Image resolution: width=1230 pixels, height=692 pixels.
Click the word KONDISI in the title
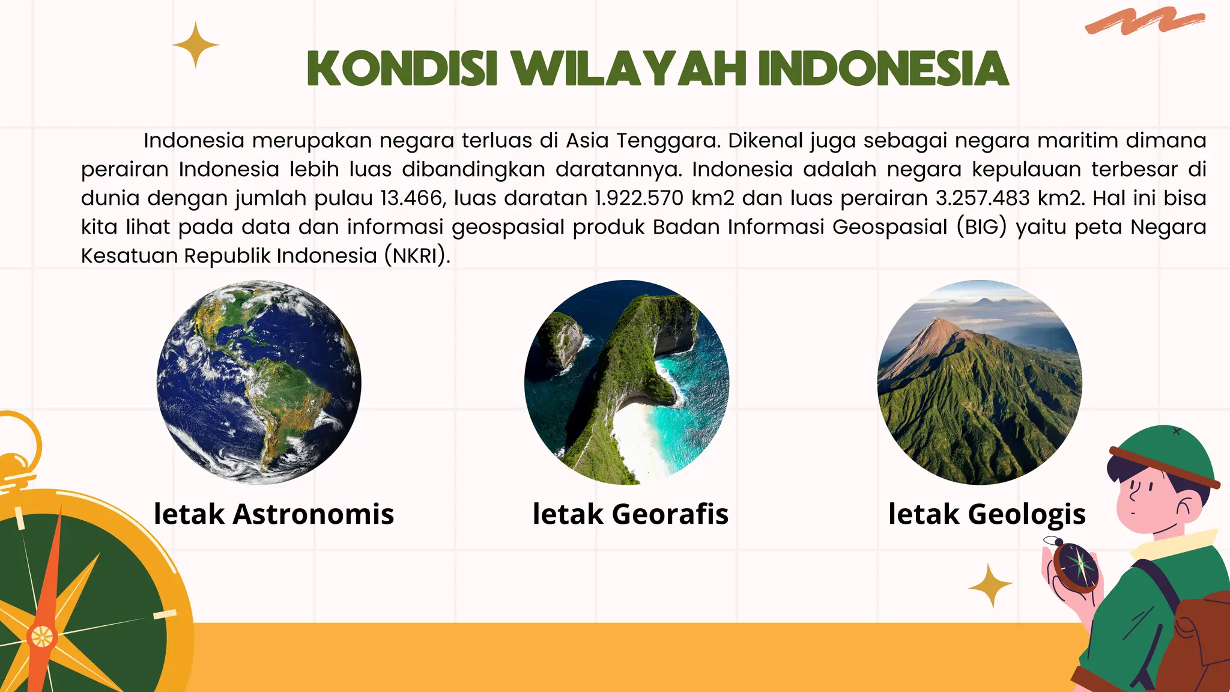pos(402,69)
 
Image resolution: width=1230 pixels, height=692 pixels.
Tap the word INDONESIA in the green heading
pos(883,69)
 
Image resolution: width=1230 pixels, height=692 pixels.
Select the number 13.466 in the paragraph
pos(411,198)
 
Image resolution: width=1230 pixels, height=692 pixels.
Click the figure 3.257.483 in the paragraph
pos(983,198)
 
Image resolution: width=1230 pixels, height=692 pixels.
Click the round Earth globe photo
pos(259,382)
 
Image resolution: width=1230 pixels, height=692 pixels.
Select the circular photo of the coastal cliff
pos(626,382)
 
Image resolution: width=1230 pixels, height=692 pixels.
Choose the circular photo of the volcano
pos(980,382)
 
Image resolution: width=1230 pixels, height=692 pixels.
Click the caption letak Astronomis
pos(274,514)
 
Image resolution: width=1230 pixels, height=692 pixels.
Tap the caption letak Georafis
pos(631,514)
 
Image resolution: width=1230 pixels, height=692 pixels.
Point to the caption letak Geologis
pos(987,514)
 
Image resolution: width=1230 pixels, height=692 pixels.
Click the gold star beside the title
pos(195,45)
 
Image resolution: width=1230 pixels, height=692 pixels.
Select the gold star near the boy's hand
pos(990,585)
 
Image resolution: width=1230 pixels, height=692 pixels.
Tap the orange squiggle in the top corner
pos(1144,21)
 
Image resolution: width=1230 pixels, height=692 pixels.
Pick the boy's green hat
pos(1162,454)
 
